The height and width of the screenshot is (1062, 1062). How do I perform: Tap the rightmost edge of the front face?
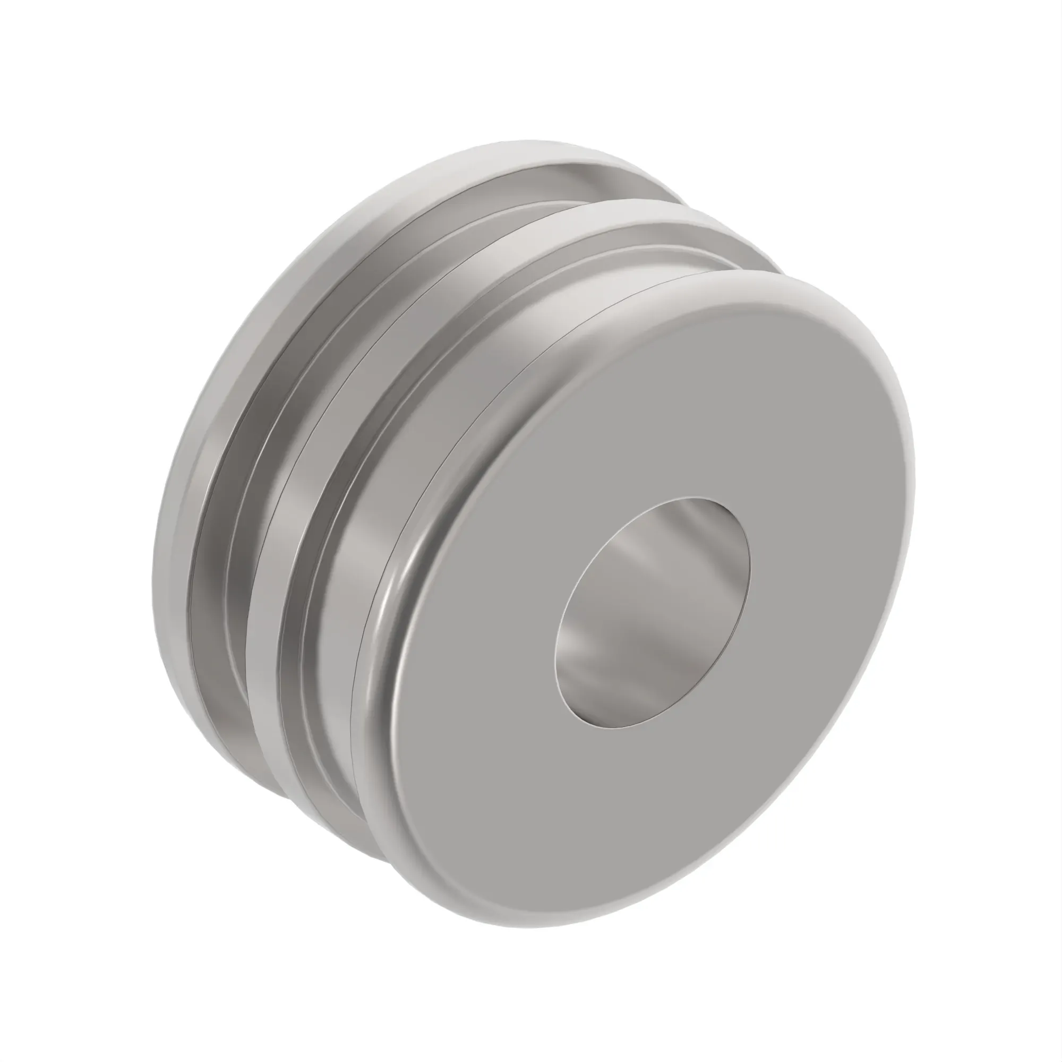[912, 478]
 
